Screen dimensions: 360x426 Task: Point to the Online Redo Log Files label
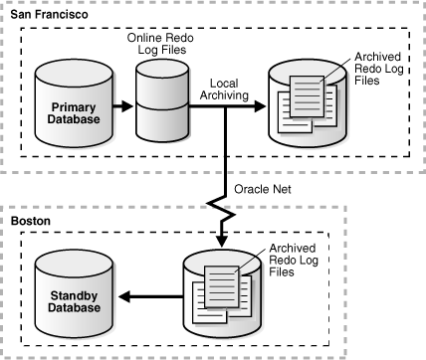165,43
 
